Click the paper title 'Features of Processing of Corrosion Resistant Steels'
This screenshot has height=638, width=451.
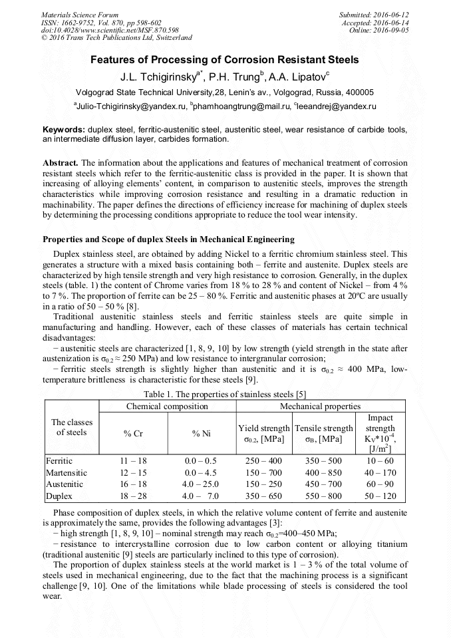225,60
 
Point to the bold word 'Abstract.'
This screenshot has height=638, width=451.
61,163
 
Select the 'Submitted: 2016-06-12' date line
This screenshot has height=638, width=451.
373,14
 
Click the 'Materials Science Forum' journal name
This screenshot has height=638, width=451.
80,14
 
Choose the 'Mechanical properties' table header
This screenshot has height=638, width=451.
320,406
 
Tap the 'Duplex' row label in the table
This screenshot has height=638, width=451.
59,496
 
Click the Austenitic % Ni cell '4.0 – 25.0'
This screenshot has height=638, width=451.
201,484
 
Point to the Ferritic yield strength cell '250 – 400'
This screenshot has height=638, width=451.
264,460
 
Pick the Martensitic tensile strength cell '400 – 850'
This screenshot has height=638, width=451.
323,472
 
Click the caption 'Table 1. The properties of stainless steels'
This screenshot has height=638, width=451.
225,394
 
